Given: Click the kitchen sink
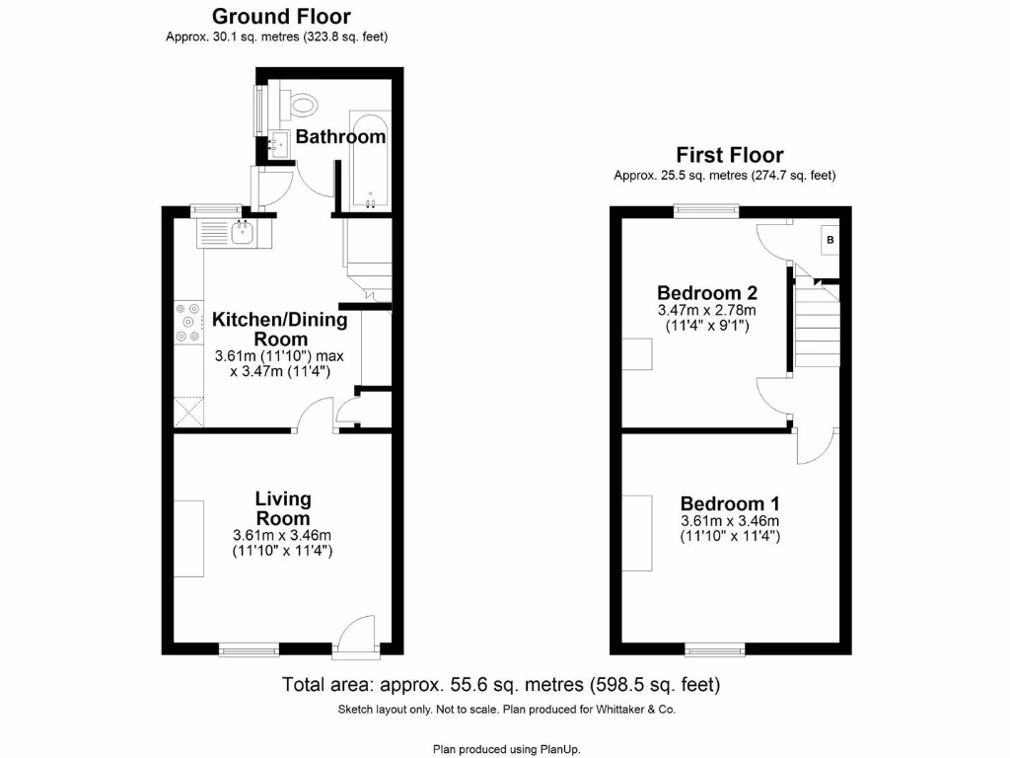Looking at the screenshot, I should coord(241,234).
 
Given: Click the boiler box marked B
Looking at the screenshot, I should coord(830,240).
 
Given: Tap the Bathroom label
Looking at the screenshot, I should coord(340,137).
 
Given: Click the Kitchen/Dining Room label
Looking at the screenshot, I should coord(280,329).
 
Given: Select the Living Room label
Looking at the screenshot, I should coord(282,508).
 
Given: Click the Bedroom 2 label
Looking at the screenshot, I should coord(706,293).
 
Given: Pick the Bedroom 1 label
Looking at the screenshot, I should coord(729,503).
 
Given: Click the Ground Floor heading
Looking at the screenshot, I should coord(281,16).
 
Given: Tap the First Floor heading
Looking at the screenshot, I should coord(729,155).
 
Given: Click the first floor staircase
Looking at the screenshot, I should coord(817,324).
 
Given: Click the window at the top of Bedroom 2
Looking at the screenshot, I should coord(705,210).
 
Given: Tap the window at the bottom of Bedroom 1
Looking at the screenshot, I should coord(715,648).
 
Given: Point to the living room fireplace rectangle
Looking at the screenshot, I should coord(189,539).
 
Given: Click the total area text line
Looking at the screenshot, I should coord(501,684).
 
